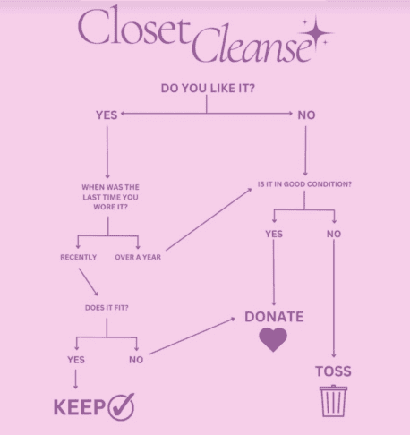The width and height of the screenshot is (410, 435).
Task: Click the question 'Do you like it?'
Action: pyautogui.click(x=208, y=89)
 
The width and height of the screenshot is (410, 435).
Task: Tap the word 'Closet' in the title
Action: pyautogui.click(x=134, y=26)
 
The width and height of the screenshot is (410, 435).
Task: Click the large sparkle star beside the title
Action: pyautogui.click(x=316, y=32)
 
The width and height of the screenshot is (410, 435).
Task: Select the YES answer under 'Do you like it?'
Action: pyautogui.click(x=107, y=115)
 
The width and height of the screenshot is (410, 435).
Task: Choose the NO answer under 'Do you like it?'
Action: pyautogui.click(x=306, y=115)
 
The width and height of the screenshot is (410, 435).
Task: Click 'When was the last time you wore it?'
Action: pyautogui.click(x=110, y=197)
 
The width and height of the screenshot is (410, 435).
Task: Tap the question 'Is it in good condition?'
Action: pyautogui.click(x=304, y=184)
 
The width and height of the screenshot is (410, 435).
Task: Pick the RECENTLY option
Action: pyautogui.click(x=79, y=257)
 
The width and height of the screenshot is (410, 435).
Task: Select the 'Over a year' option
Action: pyautogui.click(x=138, y=257)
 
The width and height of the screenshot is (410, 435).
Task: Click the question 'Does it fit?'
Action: pyautogui.click(x=107, y=308)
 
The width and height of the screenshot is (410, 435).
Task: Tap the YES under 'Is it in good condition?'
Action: pyautogui.click(x=274, y=234)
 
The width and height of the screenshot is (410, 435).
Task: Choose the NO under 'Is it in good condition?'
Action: pyautogui.click(x=334, y=234)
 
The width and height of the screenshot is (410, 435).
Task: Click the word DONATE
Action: pyautogui.click(x=274, y=317)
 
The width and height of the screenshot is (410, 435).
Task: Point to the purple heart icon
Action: pyautogui.click(x=273, y=339)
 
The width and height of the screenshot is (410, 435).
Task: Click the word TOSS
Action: pyautogui.click(x=333, y=371)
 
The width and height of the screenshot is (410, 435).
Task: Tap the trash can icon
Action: pyautogui.click(x=333, y=401)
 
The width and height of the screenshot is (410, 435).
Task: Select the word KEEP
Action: pyautogui.click(x=80, y=407)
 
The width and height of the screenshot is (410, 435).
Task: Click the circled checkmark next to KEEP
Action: pyautogui.click(x=121, y=406)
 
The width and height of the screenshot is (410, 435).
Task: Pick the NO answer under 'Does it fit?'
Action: pyautogui.click(x=136, y=360)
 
